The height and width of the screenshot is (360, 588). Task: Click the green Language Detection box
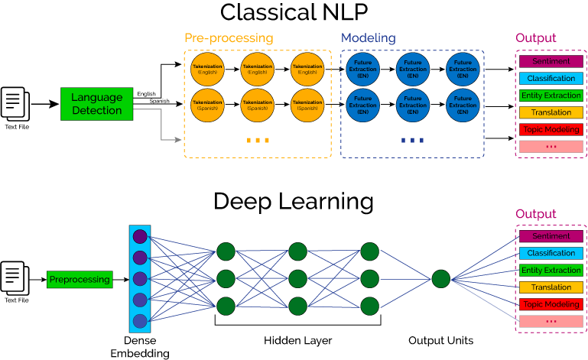[x=96, y=104]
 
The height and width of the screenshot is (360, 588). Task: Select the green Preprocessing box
[x=80, y=280]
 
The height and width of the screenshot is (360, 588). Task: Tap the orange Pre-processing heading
[x=228, y=38]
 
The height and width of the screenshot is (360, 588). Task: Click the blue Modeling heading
[x=368, y=38]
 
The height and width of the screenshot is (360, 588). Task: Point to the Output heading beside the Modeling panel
[x=535, y=38]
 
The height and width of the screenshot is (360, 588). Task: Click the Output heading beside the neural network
[x=535, y=214]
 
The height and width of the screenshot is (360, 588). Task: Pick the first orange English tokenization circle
[x=207, y=70]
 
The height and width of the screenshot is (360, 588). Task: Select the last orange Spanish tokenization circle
[x=307, y=105]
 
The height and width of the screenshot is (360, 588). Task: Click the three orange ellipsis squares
[x=258, y=141]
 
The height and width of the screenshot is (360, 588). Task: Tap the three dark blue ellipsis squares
[x=412, y=141]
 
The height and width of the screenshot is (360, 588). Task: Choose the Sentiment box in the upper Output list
[x=551, y=61]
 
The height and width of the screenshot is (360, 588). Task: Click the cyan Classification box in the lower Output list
[x=551, y=253]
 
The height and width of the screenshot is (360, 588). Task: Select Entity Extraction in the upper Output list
[x=551, y=96]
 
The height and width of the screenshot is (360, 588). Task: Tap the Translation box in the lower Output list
[x=551, y=287]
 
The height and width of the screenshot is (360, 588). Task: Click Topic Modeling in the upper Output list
[x=551, y=130]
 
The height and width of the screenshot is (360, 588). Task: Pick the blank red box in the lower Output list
[x=551, y=321]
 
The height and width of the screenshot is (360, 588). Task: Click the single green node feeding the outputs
[x=441, y=279]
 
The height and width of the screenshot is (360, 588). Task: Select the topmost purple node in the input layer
[x=140, y=237]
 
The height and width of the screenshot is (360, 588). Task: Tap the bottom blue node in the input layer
[x=140, y=321]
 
